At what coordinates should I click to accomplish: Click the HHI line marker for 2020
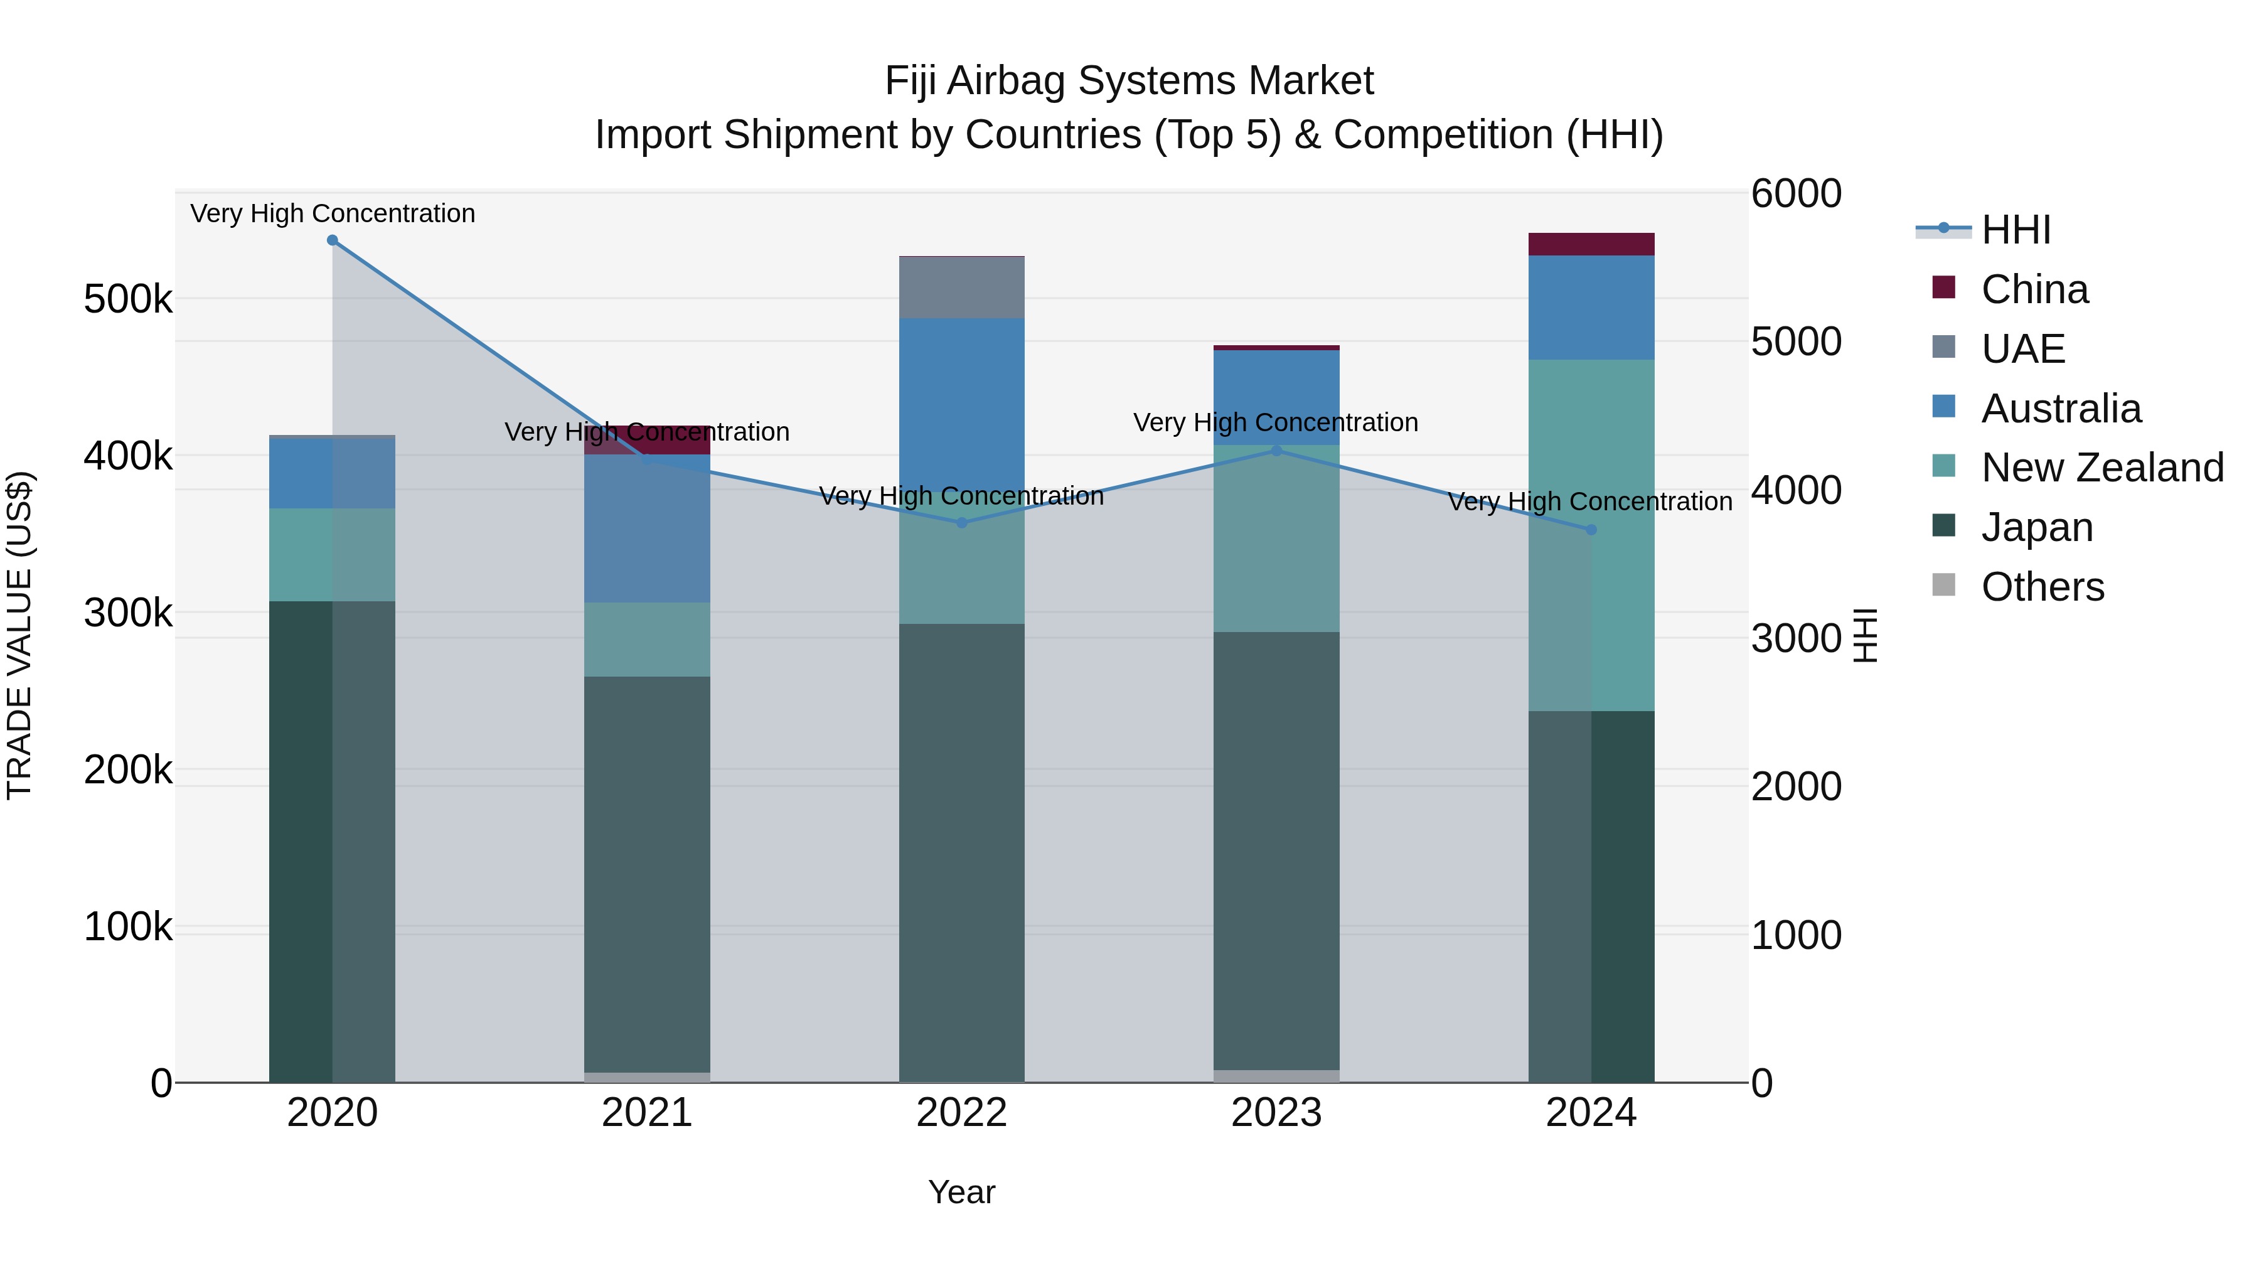click(333, 240)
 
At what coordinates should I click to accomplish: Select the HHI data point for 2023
click(1276, 451)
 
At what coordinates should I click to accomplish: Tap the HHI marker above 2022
click(961, 523)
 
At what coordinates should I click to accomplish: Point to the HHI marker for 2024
click(1591, 530)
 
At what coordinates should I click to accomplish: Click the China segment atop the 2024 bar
click(1591, 244)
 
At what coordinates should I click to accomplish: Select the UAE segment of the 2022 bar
click(961, 287)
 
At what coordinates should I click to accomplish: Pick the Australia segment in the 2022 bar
click(961, 395)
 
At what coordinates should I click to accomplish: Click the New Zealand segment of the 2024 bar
click(1622, 535)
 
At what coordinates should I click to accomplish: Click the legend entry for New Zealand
click(2102, 468)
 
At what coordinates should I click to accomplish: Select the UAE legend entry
click(2023, 348)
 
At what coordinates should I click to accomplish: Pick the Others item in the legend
click(2043, 587)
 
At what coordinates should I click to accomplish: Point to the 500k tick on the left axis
click(128, 300)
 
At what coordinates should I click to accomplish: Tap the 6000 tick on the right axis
click(1796, 194)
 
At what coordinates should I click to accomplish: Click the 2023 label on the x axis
click(1276, 1113)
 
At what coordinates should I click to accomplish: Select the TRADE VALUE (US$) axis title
click(19, 636)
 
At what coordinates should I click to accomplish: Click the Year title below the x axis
click(961, 1192)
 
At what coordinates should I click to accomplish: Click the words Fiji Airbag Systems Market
click(1129, 81)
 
